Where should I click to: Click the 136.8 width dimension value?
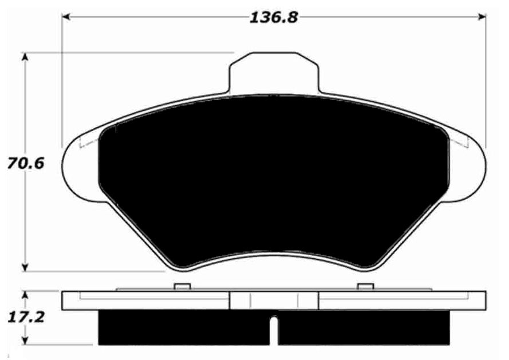274,17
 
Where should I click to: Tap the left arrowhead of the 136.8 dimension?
66,18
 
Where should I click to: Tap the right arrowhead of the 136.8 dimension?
482,18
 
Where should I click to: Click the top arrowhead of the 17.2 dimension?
25,296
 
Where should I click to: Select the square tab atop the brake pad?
273,72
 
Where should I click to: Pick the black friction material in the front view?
273,177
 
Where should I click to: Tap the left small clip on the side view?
182,287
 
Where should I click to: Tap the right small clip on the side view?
365,287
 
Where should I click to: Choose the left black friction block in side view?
183,328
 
